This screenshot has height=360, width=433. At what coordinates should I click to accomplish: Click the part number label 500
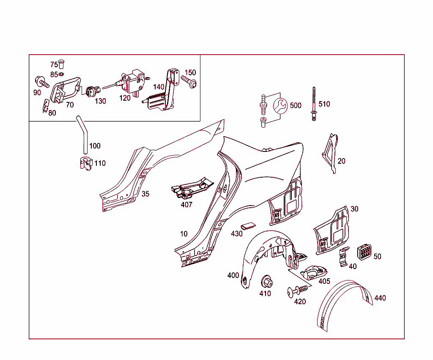pyautogui.click(x=296, y=105)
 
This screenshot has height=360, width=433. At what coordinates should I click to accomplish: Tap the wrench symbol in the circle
pyautogui.click(x=280, y=106)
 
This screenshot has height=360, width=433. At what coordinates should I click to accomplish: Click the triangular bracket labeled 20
pyautogui.click(x=331, y=153)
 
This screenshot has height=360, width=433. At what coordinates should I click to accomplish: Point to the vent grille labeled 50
pyautogui.click(x=364, y=252)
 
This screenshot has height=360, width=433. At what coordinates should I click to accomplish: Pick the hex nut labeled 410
pyautogui.click(x=267, y=282)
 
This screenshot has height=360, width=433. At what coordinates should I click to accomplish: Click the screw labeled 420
pyautogui.click(x=297, y=291)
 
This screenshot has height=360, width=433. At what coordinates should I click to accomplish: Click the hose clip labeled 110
pyautogui.click(x=86, y=164)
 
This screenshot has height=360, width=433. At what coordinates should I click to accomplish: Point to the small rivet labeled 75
pyautogui.click(x=61, y=64)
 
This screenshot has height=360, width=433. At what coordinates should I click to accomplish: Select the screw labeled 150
pyautogui.click(x=189, y=82)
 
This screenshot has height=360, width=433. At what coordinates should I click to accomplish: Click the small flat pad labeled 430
pyautogui.click(x=248, y=226)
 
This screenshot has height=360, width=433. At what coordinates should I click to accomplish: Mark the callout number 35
pyautogui.click(x=145, y=194)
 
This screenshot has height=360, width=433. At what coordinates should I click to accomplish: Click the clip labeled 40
pyautogui.click(x=343, y=257)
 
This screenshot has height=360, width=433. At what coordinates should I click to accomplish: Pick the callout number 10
pyautogui.click(x=184, y=234)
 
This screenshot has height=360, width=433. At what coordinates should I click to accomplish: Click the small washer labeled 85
pyautogui.click(x=62, y=74)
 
